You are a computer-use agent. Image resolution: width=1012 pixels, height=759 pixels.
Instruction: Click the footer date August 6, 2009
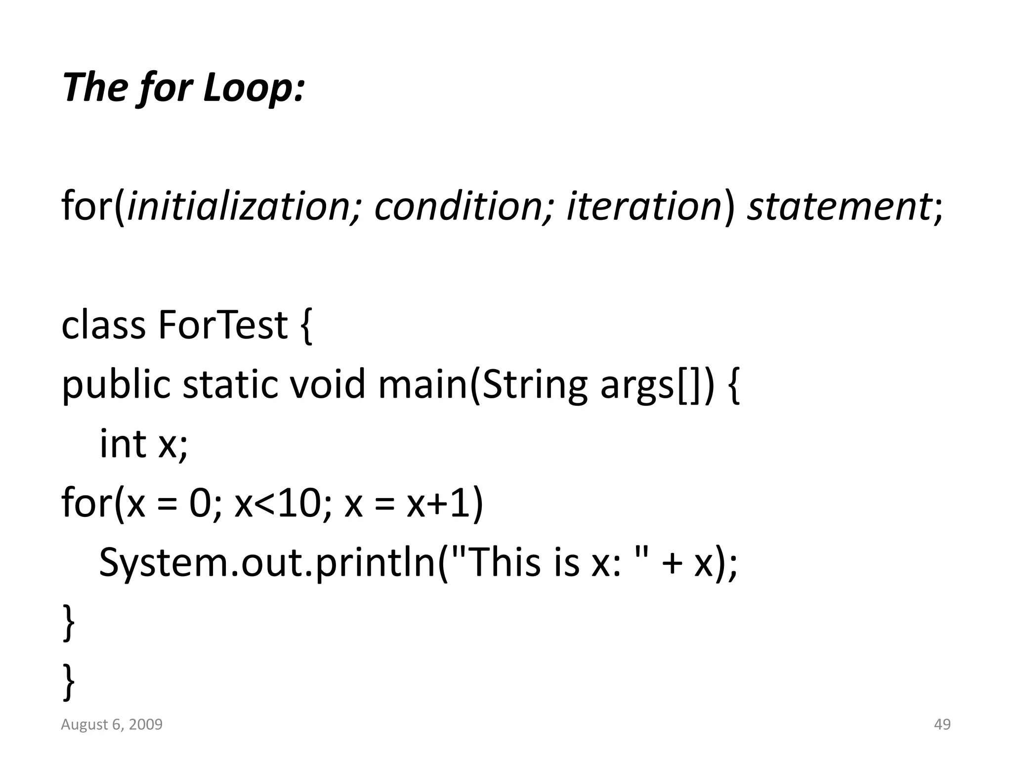coord(112,724)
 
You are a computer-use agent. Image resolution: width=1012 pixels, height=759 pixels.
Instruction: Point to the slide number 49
coord(942,724)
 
